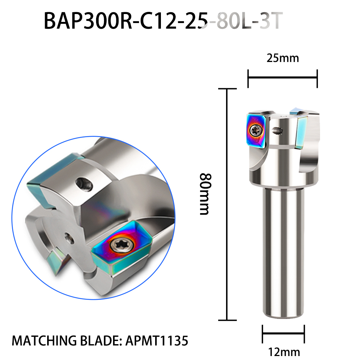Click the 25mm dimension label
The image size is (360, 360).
283,58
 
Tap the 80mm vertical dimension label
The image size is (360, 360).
205,194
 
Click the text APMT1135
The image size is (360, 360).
157,341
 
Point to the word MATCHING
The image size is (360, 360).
44,341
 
